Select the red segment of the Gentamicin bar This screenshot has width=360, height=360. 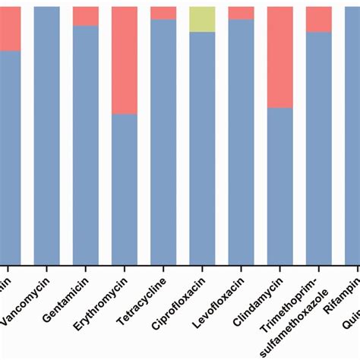[86, 16]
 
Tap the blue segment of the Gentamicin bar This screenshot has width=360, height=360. [86, 144]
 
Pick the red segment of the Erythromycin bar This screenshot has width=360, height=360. [125, 60]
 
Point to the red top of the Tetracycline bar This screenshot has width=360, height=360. [163, 12]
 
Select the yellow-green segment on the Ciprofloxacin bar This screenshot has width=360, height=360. [202, 19]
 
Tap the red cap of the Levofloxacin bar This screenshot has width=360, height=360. [241, 12]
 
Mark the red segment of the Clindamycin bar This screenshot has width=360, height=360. [279, 57]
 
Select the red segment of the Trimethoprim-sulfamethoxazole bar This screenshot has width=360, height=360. [318, 19]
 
